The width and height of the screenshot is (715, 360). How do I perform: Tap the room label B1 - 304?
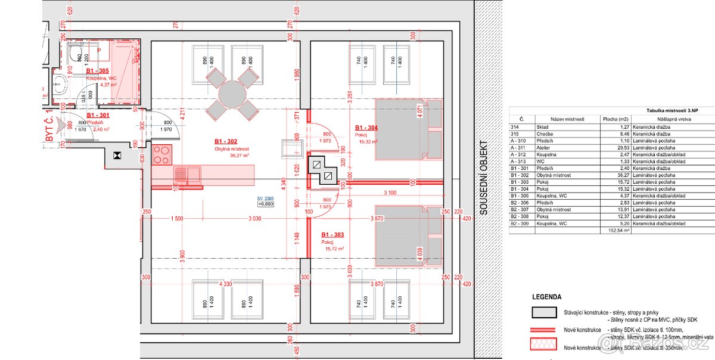point(367,128)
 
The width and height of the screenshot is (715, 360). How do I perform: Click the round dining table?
point(231,93)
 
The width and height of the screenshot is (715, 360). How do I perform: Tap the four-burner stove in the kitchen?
point(161,155)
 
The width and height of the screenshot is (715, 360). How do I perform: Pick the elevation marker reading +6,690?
point(265,204)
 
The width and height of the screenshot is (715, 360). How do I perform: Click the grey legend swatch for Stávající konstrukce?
point(545,312)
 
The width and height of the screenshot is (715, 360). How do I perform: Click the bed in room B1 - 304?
point(409,129)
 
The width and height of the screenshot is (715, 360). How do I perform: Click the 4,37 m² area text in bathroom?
point(108,85)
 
